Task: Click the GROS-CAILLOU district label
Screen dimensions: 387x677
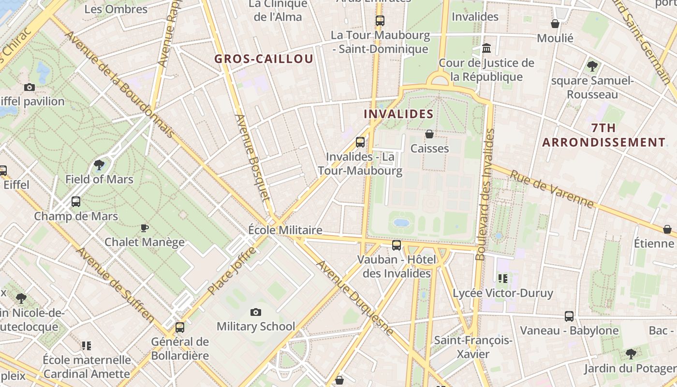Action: [x=264, y=59]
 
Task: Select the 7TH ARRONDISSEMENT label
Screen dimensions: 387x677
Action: [x=603, y=135]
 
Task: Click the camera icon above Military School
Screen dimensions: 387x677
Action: [x=256, y=313]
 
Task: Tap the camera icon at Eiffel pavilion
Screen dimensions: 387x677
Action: [x=29, y=88]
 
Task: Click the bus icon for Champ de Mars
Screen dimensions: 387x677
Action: [x=76, y=202]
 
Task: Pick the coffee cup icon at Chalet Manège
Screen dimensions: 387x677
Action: [x=144, y=227]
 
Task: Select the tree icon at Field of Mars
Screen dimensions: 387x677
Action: [x=99, y=165]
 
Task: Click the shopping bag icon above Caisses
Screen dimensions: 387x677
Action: [x=429, y=134]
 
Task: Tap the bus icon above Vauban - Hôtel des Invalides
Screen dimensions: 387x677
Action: [x=397, y=245]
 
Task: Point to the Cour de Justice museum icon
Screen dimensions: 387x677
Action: [x=486, y=48]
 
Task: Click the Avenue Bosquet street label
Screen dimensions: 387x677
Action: [x=252, y=157]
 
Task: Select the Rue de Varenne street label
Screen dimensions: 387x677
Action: [x=551, y=189]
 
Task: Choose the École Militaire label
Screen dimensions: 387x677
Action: [x=285, y=230]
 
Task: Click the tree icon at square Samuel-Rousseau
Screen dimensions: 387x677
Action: [x=592, y=66]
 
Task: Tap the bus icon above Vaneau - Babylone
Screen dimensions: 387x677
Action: [x=569, y=316]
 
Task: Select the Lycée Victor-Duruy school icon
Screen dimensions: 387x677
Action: [x=503, y=278]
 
